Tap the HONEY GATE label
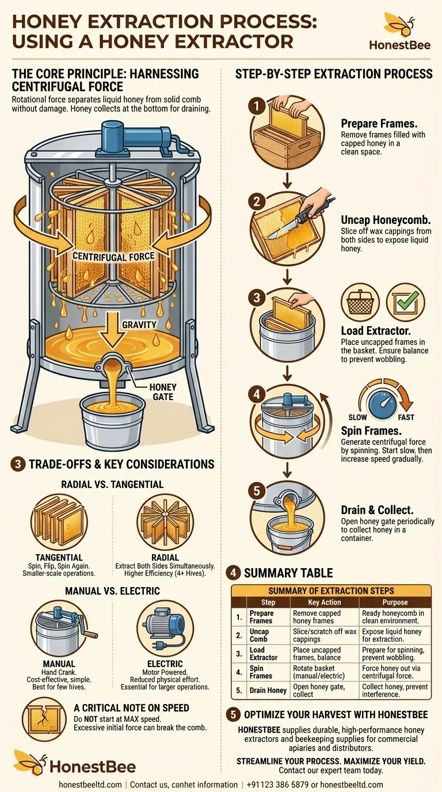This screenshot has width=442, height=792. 162,392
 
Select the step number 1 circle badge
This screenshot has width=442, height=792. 256,105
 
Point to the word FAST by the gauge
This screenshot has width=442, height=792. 405,417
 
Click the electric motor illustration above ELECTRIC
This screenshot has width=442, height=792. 165,629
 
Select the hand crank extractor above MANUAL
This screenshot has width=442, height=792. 59,629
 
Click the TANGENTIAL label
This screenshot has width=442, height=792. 59,558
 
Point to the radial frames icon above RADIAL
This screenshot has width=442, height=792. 165,523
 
